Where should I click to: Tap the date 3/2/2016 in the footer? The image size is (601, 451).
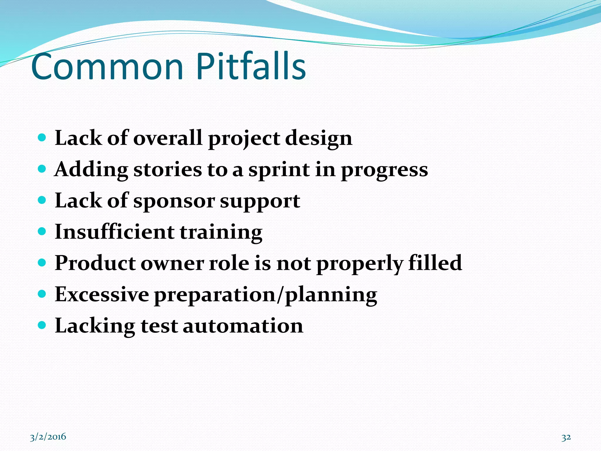[x=48, y=437]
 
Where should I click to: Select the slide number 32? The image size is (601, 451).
[x=566, y=437]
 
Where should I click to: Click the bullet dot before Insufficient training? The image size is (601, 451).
[x=42, y=232]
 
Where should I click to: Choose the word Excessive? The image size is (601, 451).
[x=102, y=294]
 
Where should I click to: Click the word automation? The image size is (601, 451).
[x=243, y=326]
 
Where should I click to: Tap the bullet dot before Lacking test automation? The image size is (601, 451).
[x=42, y=325]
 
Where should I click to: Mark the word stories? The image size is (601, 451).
[x=168, y=170]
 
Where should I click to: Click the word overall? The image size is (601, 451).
[x=168, y=138]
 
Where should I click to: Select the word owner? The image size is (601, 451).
[x=172, y=263]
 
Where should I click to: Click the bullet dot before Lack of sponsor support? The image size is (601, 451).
[x=42, y=200]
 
